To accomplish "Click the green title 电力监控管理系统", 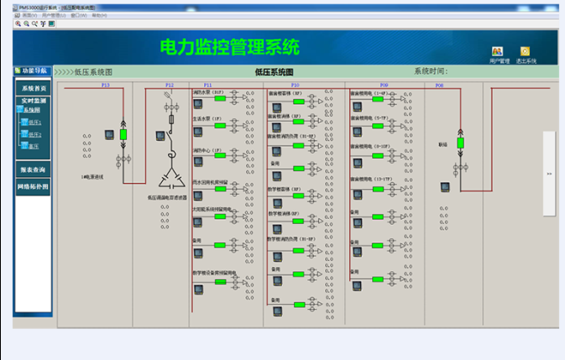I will pos(229,47).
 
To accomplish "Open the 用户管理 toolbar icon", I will pos(498,52).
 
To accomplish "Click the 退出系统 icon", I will pos(526,52).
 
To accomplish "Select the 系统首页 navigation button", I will pos(34,87).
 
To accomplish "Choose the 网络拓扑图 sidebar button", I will pos(34,185).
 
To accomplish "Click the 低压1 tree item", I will pos(34,122).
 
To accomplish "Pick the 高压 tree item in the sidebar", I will pos(34,145).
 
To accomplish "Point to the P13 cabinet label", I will pos(106,85).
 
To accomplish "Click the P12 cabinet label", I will pos(169,85).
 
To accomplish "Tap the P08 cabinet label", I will pos(439,85).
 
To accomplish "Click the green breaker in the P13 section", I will pos(123,133).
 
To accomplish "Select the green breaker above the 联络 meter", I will pos(460,143).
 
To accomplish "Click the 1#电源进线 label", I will pos(92,177).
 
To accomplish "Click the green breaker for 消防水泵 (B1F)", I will pos(220,98).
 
